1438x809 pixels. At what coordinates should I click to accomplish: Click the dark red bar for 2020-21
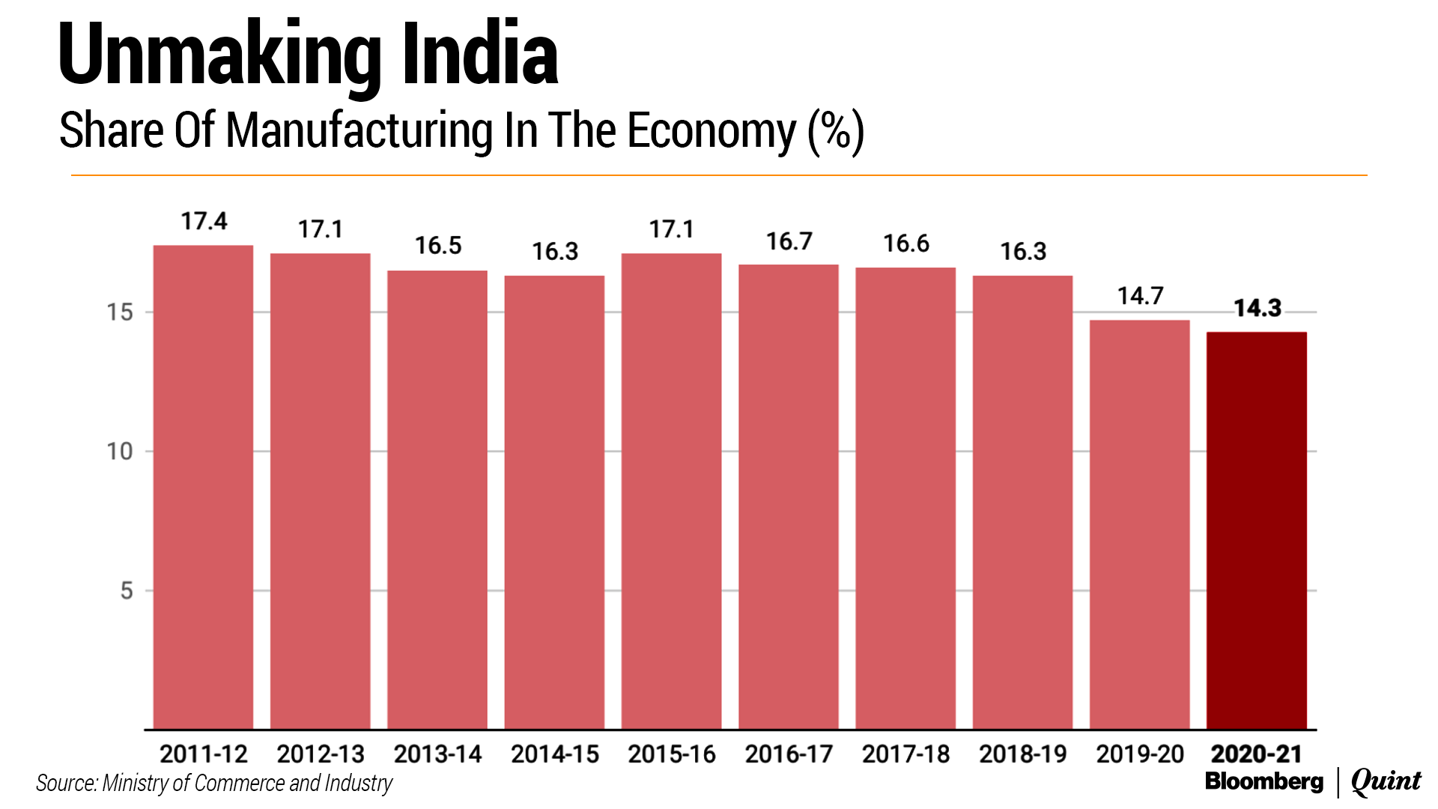[1257, 530]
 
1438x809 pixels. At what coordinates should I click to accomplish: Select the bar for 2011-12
[203, 487]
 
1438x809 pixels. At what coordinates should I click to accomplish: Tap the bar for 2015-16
[671, 491]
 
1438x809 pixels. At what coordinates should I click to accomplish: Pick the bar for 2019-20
[1139, 524]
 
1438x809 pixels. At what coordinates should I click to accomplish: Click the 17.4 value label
[204, 222]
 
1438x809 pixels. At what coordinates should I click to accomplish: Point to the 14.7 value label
[1140, 296]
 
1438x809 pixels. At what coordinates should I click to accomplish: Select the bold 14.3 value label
[1258, 308]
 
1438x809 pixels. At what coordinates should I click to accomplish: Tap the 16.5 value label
[438, 246]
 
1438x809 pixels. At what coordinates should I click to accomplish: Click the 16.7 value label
[789, 241]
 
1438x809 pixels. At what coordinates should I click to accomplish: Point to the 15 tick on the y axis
[120, 312]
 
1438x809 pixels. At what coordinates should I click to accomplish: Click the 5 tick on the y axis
[127, 591]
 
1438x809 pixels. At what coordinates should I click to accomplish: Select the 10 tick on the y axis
[120, 452]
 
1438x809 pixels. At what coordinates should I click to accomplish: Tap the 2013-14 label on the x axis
[437, 754]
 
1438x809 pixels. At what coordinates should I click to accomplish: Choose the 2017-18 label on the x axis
[905, 754]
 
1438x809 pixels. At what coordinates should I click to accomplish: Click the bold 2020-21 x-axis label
[1257, 754]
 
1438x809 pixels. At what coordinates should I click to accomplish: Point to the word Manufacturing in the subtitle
[359, 131]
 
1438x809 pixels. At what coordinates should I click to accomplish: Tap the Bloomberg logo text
[1264, 781]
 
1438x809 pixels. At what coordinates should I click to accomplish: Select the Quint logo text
[1386, 781]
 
